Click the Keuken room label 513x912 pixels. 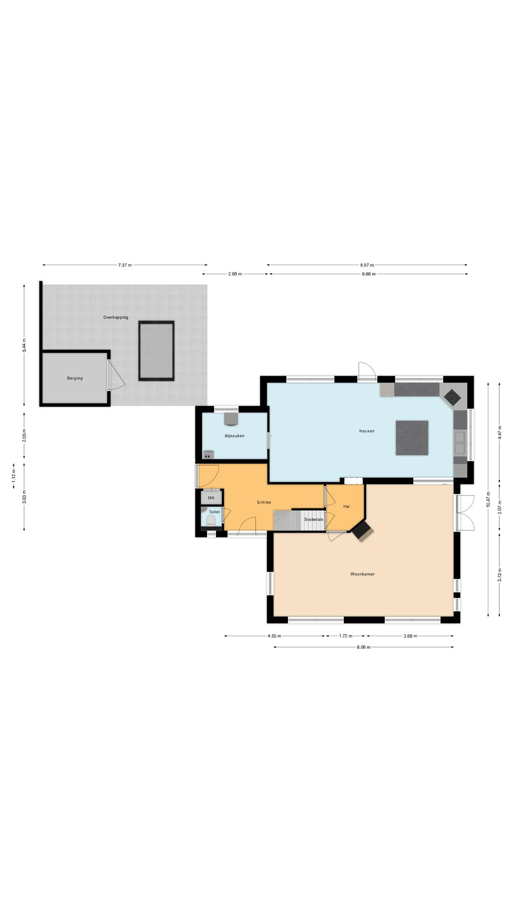367,431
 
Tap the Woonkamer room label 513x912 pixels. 362,574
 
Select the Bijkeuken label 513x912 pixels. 235,436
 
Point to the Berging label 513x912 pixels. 75,379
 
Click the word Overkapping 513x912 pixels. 116,317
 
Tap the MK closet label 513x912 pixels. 211,498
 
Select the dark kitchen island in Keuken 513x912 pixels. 412,437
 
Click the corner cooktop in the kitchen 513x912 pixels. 452,396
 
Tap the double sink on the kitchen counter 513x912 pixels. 460,443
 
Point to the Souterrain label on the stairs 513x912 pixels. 313,520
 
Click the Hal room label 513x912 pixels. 346,506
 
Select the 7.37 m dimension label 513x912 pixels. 125,265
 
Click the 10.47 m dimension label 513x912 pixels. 488,499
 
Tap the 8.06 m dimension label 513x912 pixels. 363,647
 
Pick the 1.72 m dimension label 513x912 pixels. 345,636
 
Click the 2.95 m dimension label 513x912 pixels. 235,274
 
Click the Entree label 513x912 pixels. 264,502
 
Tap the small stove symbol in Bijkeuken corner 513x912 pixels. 208,456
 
